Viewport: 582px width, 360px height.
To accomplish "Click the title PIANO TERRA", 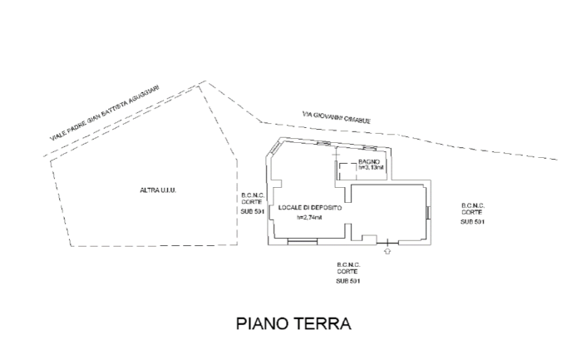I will point(293,323).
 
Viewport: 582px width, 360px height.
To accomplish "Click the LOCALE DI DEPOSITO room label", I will point(310,207).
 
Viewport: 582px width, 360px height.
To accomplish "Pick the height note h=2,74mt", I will point(310,218).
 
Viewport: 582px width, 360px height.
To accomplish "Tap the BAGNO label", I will point(370,160).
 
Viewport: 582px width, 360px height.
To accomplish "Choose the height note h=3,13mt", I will point(372,168).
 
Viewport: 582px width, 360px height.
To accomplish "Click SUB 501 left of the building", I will point(253,211).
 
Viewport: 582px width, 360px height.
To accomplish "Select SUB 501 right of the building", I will point(472,222).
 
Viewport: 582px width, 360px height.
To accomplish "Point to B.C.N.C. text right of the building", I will point(473,205).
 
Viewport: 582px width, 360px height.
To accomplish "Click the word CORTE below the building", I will point(348,272).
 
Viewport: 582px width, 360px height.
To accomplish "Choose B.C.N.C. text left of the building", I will point(253,195).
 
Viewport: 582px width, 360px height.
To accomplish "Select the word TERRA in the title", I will point(322,323).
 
